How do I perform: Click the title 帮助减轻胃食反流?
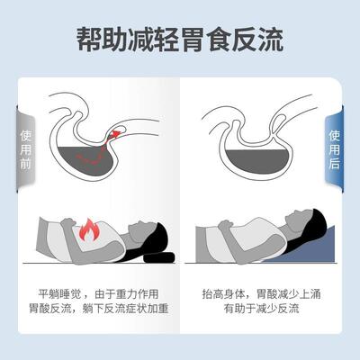(x=180, y=40)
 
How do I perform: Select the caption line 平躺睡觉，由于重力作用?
(x=103, y=293)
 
